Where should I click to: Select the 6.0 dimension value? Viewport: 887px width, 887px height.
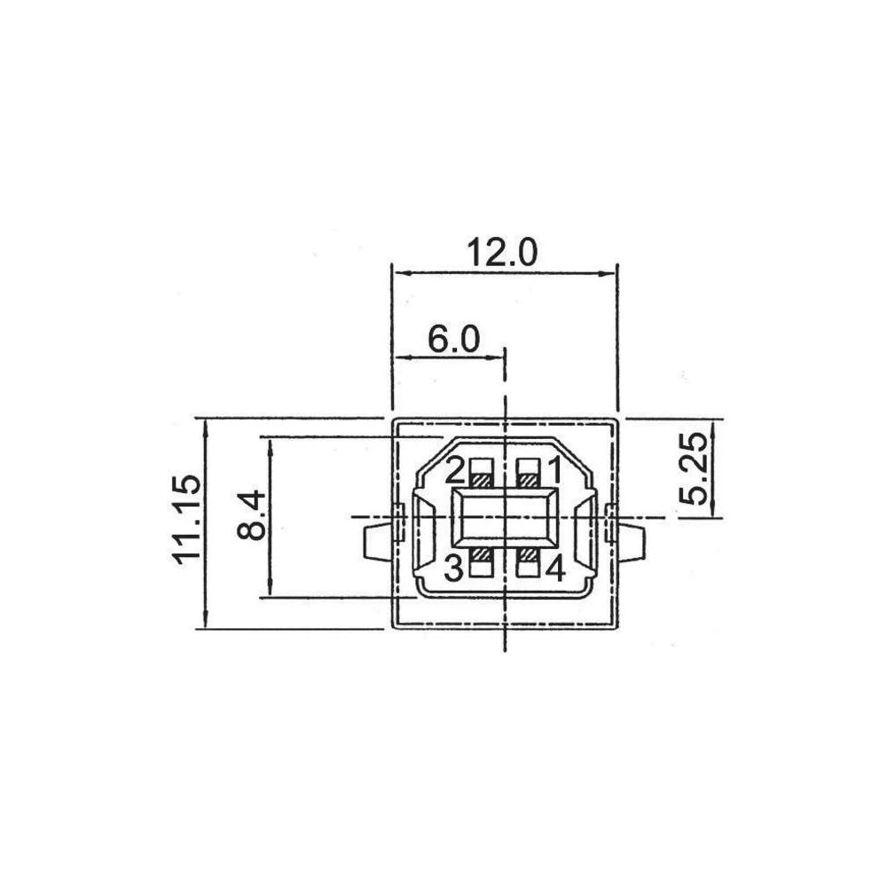[453, 340]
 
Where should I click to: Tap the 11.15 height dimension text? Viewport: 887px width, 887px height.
[186, 519]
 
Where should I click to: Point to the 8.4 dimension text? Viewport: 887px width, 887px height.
[251, 514]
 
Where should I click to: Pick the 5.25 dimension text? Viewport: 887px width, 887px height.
[693, 468]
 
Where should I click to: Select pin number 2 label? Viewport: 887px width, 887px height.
[455, 471]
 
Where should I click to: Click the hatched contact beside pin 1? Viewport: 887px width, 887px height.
[530, 480]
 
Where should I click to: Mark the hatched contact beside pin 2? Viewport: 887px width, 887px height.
[482, 480]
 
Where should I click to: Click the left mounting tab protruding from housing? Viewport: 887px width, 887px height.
[377, 543]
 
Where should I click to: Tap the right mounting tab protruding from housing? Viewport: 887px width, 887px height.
[630, 543]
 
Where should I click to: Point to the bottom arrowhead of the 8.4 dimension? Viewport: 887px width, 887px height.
[271, 588]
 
